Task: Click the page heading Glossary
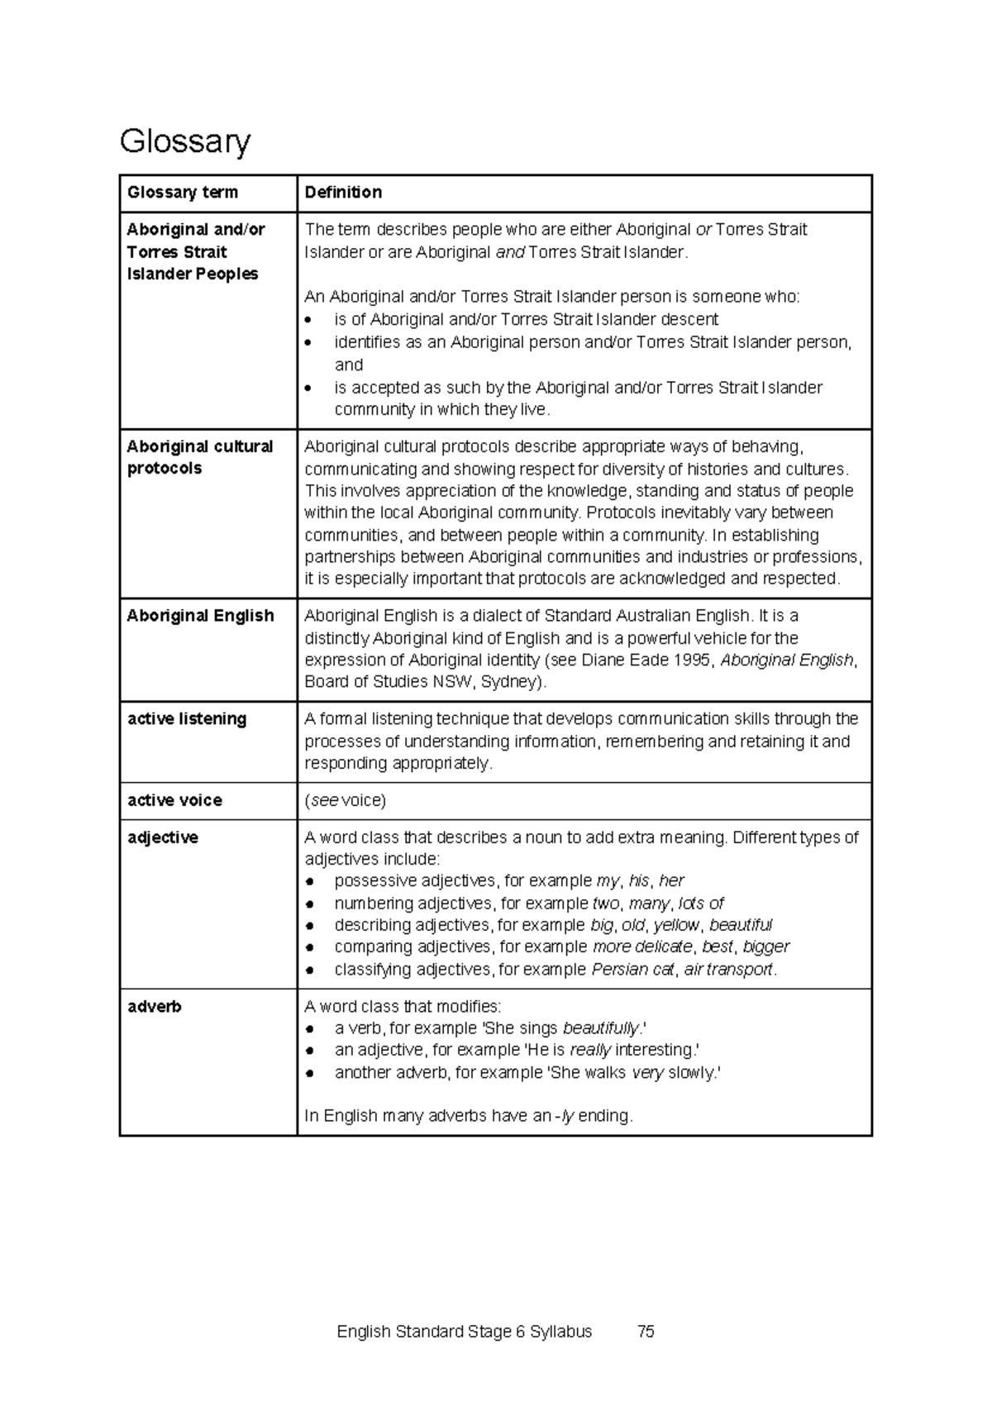184,141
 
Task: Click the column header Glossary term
182,193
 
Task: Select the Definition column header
343,193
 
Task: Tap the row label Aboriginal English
200,616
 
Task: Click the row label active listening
187,719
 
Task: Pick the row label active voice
174,800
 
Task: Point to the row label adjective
163,837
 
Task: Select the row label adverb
155,1007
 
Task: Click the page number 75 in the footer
646,1332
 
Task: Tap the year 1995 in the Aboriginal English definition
691,660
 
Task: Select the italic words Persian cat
632,970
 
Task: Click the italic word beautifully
600,1028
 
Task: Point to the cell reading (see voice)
345,800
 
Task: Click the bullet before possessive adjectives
309,882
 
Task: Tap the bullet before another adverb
309,1073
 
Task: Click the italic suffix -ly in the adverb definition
565,1116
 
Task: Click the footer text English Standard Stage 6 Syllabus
464,1332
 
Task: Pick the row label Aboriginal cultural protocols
199,457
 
